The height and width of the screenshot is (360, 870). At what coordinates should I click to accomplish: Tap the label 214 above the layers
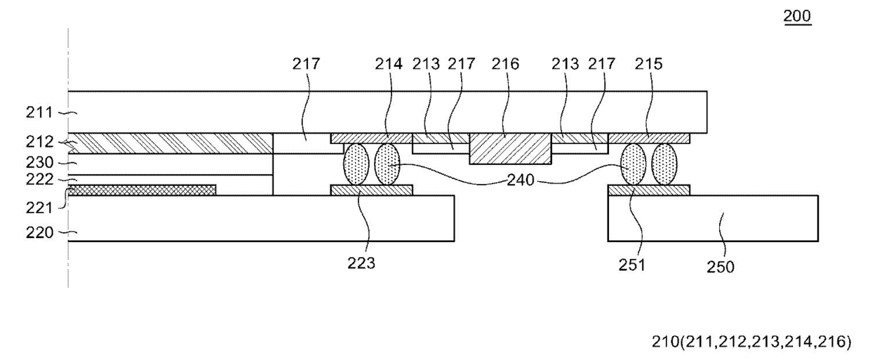tap(389, 64)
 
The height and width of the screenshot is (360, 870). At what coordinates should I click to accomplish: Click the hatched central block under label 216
tap(510, 148)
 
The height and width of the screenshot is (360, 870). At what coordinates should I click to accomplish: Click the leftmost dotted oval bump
tap(356, 164)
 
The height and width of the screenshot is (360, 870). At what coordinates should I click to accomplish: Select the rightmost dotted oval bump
tap(664, 164)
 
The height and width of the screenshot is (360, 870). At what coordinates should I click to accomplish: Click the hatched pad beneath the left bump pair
tap(371, 189)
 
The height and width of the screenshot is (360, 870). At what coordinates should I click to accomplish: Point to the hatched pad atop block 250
tap(649, 189)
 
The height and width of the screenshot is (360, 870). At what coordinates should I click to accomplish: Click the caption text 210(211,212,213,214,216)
tap(752, 342)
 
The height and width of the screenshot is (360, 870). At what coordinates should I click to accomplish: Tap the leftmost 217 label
tap(307, 64)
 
